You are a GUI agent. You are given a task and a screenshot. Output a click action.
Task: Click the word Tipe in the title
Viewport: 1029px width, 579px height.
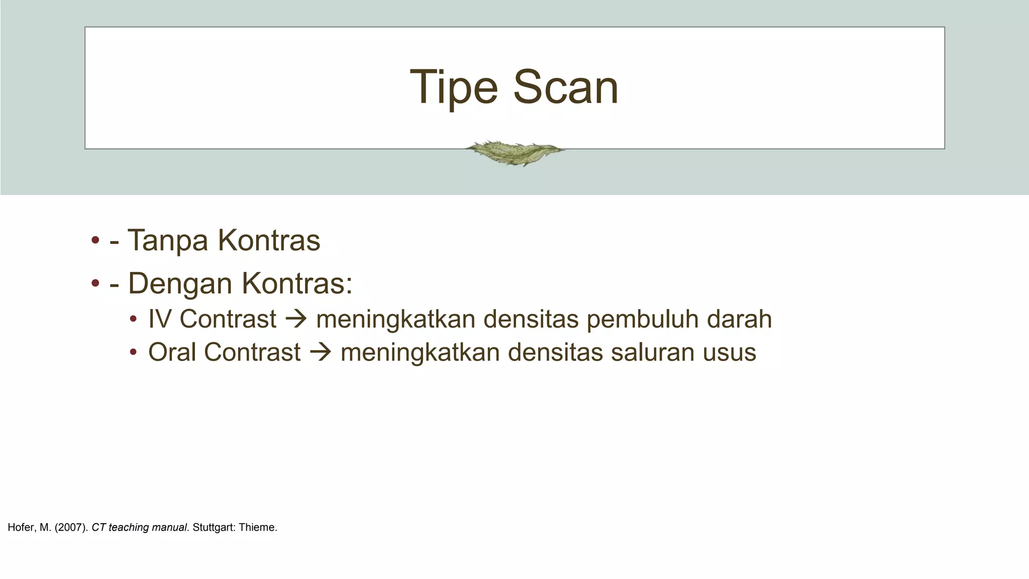point(454,87)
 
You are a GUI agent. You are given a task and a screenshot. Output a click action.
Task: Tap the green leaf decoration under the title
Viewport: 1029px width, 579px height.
point(514,152)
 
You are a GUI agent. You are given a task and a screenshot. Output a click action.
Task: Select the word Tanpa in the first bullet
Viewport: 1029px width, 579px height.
point(167,240)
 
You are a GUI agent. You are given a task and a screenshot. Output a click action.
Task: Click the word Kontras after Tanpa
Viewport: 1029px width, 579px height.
point(269,240)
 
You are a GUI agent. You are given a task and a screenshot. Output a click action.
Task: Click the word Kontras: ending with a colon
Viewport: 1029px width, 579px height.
point(297,283)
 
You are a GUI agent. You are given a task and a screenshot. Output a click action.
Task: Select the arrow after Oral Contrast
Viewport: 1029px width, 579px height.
point(321,352)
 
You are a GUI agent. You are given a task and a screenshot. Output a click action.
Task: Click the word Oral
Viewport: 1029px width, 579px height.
point(172,352)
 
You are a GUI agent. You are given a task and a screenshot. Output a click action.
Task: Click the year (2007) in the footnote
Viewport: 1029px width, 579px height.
point(71,528)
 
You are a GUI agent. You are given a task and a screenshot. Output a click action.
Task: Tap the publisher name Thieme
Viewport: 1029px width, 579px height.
point(258,528)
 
